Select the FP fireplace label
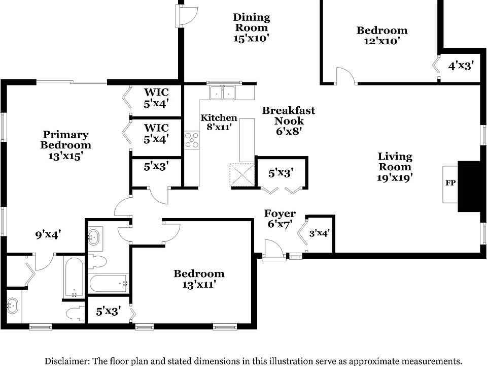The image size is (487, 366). (x=450, y=183)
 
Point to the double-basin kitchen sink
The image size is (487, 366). (x=223, y=93)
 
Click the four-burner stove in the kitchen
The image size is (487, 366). (x=192, y=140)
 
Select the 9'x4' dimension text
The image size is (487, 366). (x=48, y=234)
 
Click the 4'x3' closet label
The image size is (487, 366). (x=461, y=66)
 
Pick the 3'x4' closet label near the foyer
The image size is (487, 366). (x=320, y=233)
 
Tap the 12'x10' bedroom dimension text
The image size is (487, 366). (x=381, y=42)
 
